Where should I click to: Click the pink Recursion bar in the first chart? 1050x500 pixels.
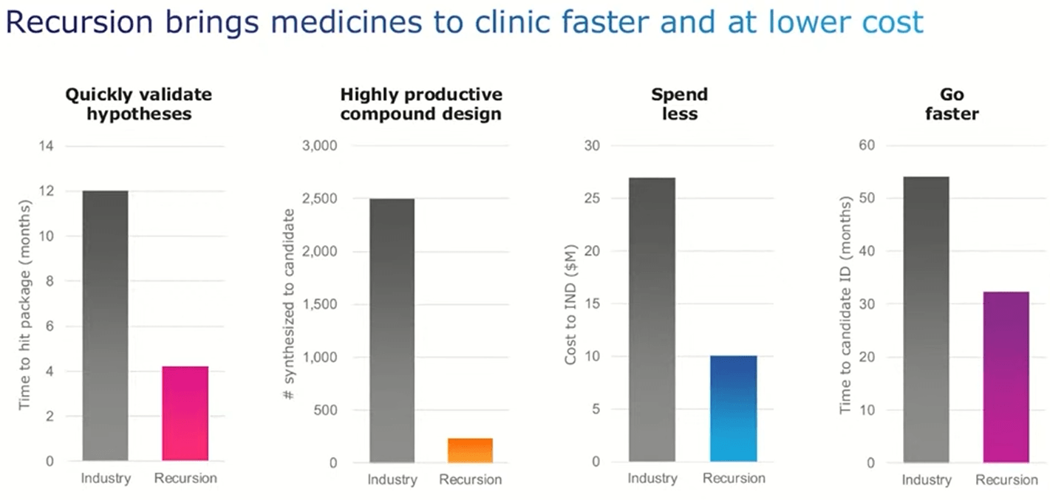coord(185,414)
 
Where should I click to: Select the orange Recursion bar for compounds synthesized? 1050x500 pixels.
coord(470,451)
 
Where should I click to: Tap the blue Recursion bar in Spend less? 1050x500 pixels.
coord(733,408)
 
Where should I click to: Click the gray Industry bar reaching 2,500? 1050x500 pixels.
coord(391,330)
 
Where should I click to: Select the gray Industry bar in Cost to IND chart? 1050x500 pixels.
coord(652,320)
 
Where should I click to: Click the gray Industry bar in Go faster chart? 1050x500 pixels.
coord(926,320)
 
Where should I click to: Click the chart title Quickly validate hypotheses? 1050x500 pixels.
coord(139,104)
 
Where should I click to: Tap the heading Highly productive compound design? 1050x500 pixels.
coord(421,104)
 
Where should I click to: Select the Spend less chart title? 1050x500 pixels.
coord(679,104)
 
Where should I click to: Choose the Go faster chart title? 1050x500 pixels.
coord(953,104)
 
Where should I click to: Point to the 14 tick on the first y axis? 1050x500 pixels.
coord(47,146)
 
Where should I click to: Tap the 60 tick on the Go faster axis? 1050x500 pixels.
coord(867,145)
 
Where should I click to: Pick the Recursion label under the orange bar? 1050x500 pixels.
coord(470,480)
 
